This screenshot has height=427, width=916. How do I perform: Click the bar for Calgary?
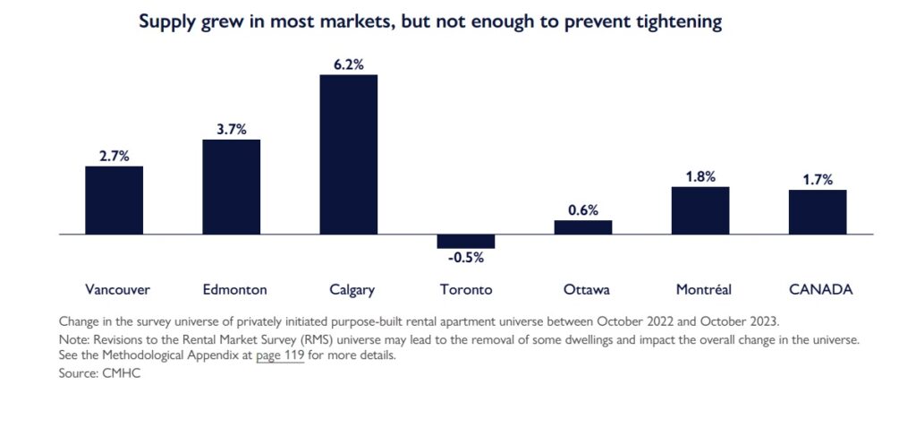click(x=349, y=154)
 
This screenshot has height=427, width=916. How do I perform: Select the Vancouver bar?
click(x=114, y=200)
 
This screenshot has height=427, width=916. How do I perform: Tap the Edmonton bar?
click(x=231, y=186)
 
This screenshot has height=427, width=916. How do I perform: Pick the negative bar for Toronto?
click(x=465, y=241)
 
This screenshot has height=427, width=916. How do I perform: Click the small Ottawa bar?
click(x=582, y=227)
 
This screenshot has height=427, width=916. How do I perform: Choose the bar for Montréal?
click(x=700, y=210)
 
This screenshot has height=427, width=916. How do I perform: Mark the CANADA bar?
click(x=818, y=211)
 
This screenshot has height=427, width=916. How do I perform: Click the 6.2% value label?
click(x=349, y=64)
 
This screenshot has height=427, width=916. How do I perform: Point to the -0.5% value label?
click(x=465, y=258)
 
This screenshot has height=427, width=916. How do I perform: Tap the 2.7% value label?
click(x=114, y=156)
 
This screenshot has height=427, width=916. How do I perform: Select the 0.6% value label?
click(x=582, y=209)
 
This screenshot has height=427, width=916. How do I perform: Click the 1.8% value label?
click(x=700, y=176)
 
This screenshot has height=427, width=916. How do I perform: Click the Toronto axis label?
click(x=466, y=289)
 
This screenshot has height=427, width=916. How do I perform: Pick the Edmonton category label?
click(x=234, y=289)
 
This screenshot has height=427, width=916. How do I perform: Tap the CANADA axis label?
click(x=820, y=289)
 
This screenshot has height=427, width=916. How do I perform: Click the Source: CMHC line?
click(x=99, y=373)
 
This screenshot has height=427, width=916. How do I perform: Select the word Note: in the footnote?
click(x=74, y=340)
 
